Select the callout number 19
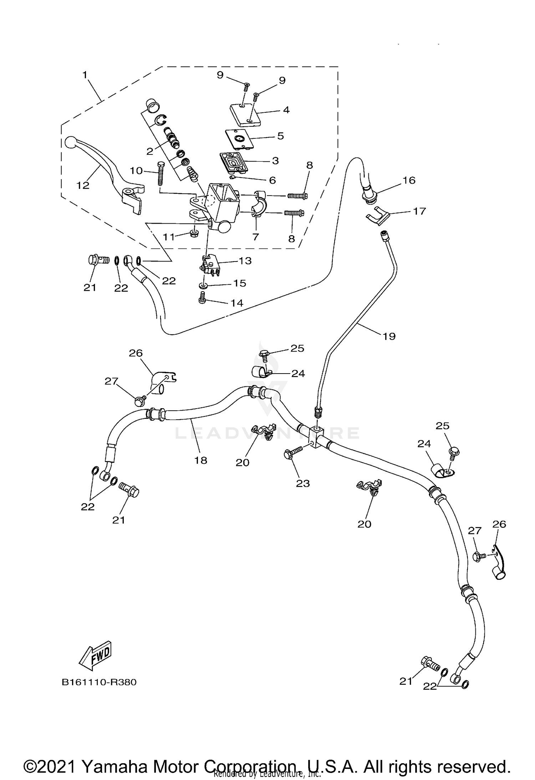(x=389, y=336)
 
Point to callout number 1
(x=85, y=75)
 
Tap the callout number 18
(x=201, y=460)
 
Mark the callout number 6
(x=272, y=180)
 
